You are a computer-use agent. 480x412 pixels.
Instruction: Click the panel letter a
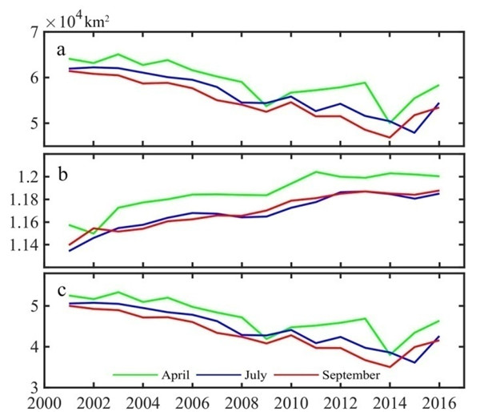(x=60, y=50)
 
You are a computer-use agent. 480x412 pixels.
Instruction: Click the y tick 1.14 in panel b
(x=23, y=244)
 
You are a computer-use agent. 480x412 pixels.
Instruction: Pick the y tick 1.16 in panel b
(x=23, y=222)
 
